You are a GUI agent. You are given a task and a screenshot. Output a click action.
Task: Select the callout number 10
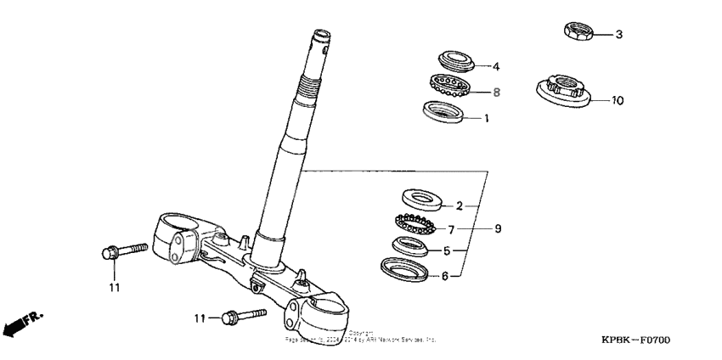618,100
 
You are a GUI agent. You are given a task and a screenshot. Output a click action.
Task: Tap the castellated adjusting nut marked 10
563,88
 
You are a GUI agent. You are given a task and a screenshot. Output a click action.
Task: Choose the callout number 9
499,228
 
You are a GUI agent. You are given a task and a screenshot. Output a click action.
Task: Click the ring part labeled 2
420,199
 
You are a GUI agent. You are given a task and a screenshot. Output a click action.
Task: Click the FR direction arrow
20,323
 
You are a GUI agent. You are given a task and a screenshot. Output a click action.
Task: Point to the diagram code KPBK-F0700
636,340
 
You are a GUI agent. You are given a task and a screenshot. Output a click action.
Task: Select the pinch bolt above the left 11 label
122,251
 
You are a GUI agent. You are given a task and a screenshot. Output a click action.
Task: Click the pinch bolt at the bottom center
241,317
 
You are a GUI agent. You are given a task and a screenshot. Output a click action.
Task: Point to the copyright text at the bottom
360,336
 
